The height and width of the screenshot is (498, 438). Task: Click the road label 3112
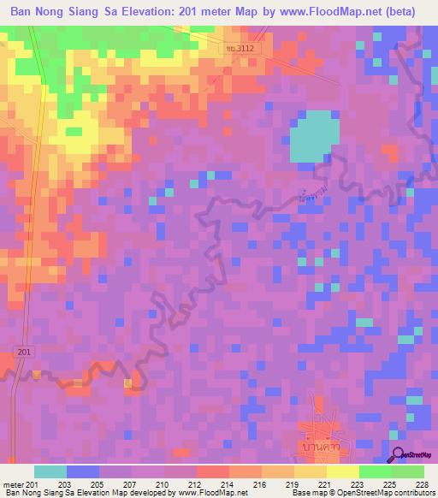[x=238, y=50]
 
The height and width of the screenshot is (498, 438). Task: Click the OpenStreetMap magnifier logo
[x=400, y=455]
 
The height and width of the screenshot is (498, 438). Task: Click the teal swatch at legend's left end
[x=50, y=471]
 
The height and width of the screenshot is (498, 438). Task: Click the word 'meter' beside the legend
[x=14, y=484]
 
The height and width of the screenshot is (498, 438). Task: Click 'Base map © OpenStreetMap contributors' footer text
[x=363, y=493]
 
